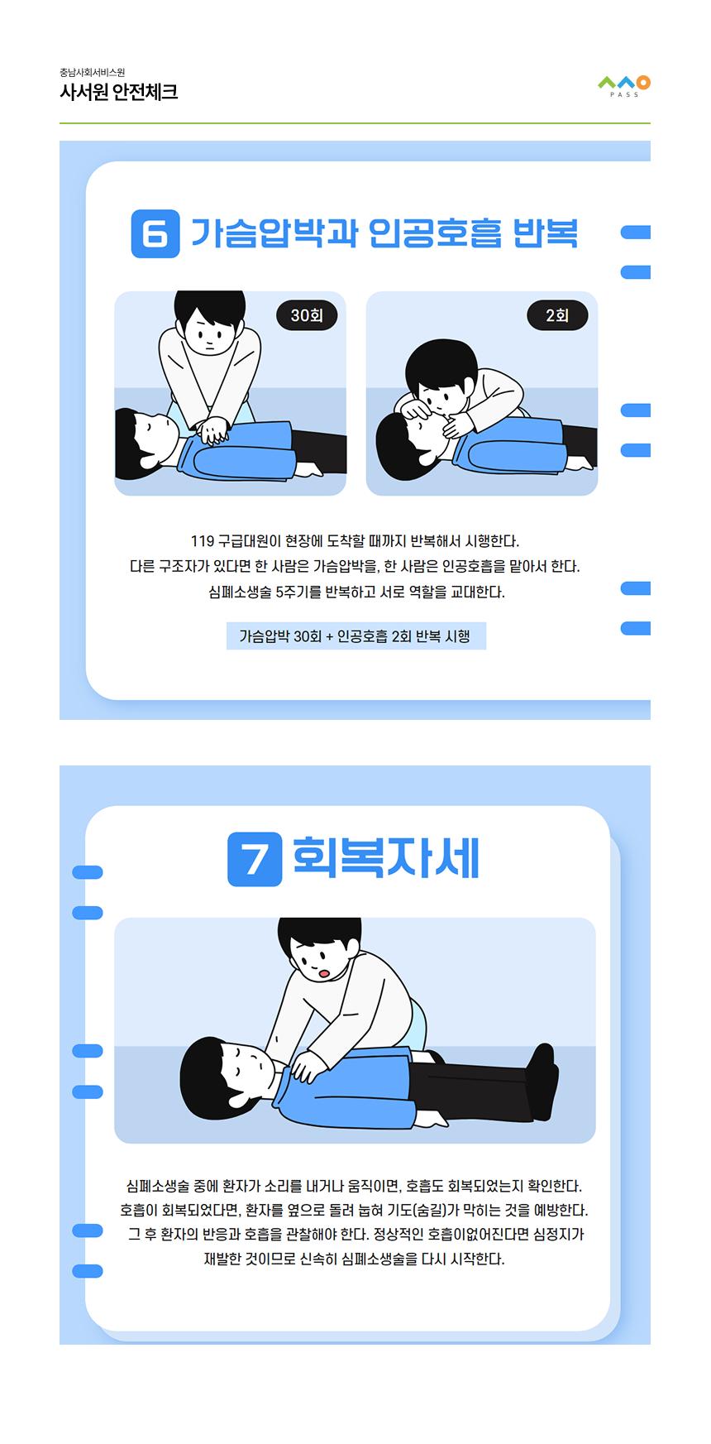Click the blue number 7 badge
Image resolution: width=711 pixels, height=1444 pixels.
tap(255, 860)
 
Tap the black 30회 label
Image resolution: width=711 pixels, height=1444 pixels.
tap(307, 315)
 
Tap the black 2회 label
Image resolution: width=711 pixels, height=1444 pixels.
tap(557, 315)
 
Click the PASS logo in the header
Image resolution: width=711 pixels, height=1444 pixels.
tap(624, 86)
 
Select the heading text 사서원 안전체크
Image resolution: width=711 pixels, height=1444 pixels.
tap(118, 92)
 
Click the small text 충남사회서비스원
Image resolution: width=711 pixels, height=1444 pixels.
tap(92, 72)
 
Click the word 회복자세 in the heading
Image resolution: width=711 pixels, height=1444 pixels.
tap(386, 858)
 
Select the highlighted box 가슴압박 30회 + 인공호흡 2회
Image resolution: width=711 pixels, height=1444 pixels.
tap(355, 636)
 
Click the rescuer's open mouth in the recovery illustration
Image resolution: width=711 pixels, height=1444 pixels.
tap(325, 972)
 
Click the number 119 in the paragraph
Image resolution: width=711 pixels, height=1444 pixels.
tap(202, 541)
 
